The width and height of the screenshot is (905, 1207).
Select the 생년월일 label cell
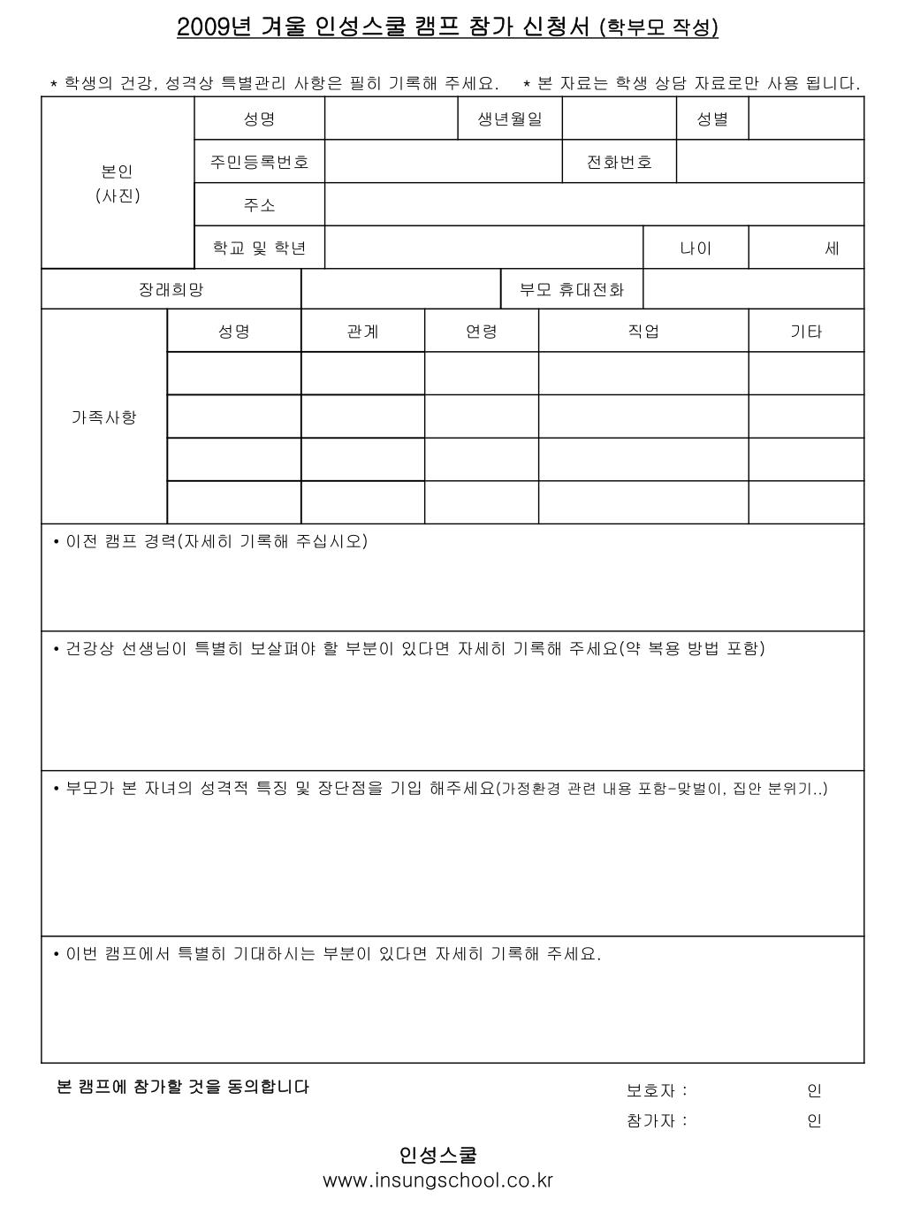(510, 118)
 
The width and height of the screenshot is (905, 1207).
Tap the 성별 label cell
(712, 118)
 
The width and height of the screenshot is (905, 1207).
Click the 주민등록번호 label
(260, 162)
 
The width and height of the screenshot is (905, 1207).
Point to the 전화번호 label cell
(620, 162)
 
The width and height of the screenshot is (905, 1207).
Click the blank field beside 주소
(594, 205)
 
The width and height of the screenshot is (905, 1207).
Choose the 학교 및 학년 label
(260, 248)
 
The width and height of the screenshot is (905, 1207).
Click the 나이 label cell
(696, 248)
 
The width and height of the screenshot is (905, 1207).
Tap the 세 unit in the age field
(832, 248)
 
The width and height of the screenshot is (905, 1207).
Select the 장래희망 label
(171, 289)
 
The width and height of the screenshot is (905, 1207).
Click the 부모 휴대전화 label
(572, 289)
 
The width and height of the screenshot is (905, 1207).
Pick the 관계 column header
(362, 332)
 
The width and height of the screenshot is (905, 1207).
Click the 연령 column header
(482, 332)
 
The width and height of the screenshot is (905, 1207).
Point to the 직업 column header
(643, 332)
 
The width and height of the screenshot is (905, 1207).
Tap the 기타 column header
(806, 332)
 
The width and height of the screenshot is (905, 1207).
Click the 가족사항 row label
(104, 416)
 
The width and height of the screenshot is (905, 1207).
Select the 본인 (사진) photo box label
(118, 183)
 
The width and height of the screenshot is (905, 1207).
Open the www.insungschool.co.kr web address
(438, 1180)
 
